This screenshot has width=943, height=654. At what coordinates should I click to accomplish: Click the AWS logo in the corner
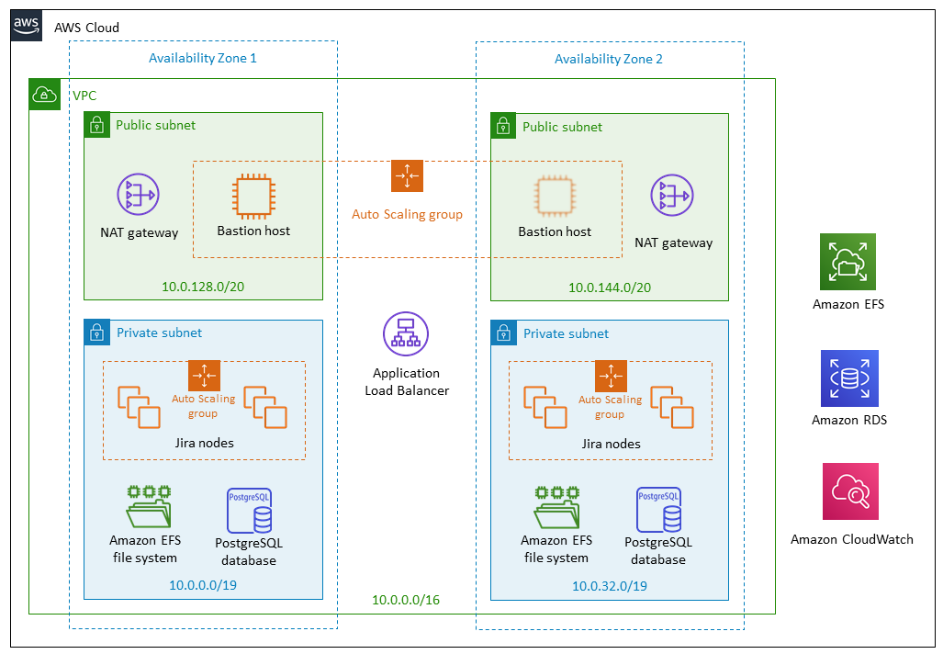pos(27,26)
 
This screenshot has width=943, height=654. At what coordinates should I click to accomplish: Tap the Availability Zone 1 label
pos(203,59)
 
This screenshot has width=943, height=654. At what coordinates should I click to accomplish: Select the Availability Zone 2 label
pos(609,59)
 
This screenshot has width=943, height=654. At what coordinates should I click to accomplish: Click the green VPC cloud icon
pos(44,95)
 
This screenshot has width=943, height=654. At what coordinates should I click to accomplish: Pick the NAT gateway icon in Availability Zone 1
pos(139,195)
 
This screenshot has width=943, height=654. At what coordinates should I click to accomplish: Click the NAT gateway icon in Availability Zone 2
pos(672,195)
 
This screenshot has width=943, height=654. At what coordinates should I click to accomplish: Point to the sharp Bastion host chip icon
pos(253,197)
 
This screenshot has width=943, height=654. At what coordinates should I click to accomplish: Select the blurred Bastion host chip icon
pos(555,197)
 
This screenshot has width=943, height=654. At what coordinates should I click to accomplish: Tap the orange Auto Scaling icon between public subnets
pos(407,175)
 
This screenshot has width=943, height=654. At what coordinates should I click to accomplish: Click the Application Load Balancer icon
pos(406,334)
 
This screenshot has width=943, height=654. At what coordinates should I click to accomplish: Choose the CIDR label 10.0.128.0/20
pos(203,287)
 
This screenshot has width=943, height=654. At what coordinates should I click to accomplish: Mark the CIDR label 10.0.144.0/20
pos(610,288)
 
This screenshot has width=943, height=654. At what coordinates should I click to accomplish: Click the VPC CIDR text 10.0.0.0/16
pos(406,600)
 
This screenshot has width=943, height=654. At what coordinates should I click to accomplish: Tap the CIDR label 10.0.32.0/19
pos(609,586)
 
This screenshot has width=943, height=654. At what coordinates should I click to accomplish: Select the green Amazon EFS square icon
pos(848,262)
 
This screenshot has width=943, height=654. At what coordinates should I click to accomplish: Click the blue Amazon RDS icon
pos(849,378)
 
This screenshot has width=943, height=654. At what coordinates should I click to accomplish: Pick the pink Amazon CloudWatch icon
pos(850,491)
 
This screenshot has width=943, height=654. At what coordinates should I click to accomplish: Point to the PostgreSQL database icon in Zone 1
pos(250,510)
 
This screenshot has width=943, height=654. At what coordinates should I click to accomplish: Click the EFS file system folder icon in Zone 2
pos(557,508)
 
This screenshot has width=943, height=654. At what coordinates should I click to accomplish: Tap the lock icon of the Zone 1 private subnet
pos(96,333)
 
